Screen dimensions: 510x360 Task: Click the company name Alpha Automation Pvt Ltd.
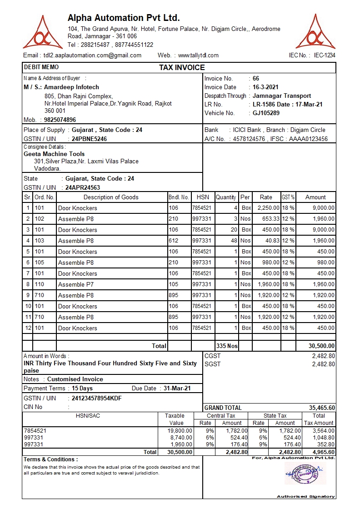124,18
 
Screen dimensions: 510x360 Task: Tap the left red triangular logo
42,33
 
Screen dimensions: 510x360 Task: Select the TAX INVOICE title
182,68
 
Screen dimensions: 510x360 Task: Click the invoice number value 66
256,79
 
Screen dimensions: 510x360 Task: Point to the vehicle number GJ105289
266,113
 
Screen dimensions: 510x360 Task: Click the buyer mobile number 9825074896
60,120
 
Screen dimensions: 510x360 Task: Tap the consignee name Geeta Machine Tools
54,154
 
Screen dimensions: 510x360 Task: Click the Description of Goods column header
111,197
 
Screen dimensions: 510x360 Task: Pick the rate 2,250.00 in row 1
268,208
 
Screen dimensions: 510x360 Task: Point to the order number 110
40,284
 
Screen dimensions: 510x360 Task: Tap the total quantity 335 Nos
227,346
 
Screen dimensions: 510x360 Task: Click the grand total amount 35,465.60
322,408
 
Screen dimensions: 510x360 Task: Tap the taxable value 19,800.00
180,430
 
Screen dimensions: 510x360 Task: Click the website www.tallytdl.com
198,56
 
